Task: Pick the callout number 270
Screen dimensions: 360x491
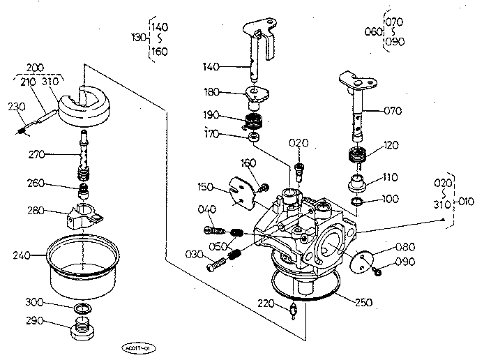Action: [38, 153]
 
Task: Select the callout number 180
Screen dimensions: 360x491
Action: [212, 91]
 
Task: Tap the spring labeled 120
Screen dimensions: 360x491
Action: [357, 158]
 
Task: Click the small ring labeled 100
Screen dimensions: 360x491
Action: [357, 202]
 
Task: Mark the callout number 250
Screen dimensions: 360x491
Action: [362, 303]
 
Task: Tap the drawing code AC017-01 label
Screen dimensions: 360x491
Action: [137, 347]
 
